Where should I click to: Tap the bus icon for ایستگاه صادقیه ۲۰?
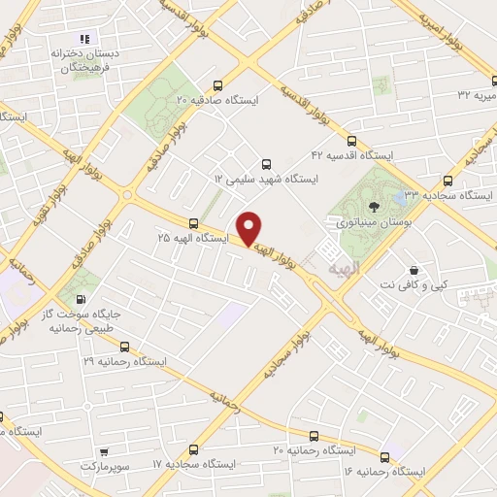[217, 85]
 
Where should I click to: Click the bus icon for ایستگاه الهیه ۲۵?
[194, 222]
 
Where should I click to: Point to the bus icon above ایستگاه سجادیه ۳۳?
[447, 180]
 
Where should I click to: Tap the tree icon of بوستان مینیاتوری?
[373, 205]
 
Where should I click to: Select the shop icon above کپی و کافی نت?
[415, 271]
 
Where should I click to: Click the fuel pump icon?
[80, 298]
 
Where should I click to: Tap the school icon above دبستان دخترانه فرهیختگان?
[85, 39]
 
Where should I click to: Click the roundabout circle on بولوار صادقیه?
[127, 194]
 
